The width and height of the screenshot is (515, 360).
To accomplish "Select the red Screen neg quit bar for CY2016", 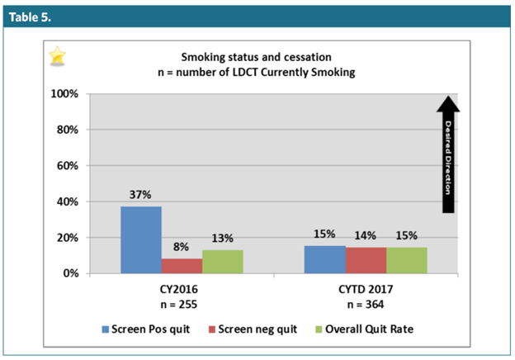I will (x=182, y=265).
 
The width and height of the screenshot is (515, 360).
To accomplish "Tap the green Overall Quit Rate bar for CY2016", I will (x=221, y=261).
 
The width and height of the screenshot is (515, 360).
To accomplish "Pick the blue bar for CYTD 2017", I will (x=325, y=259).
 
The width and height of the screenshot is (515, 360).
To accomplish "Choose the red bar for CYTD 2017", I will (x=366, y=260).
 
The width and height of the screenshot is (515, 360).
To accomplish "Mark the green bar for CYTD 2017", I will (x=406, y=259).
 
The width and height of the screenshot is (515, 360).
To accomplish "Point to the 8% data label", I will (x=182, y=247).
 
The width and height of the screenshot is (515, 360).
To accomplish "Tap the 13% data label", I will (x=222, y=239).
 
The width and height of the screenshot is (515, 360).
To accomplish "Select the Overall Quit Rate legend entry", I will (x=361, y=330).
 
